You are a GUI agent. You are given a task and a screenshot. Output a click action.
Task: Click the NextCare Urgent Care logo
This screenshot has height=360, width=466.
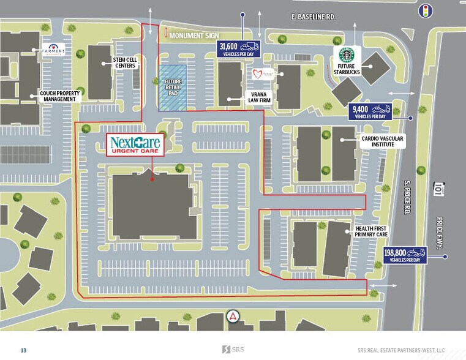[135, 145]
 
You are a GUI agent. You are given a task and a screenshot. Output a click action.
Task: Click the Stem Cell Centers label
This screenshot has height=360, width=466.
[125, 63]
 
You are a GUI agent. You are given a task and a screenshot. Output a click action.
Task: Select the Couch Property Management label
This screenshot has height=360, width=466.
[60, 96]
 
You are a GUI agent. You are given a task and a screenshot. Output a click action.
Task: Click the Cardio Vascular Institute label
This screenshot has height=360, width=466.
[382, 143]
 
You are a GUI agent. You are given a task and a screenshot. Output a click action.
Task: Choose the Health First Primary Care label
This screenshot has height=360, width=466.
[372, 231]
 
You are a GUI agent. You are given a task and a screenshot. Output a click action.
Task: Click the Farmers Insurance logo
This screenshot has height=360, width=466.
[53, 51]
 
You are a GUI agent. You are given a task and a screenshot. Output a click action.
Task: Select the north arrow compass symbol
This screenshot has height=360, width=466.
[233, 317]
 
